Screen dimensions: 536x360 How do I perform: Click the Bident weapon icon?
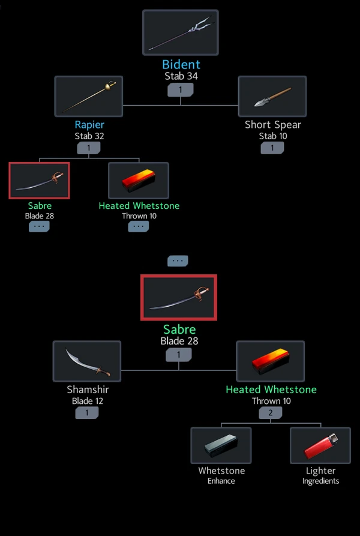(180, 33)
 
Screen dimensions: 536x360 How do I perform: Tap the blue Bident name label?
(181, 64)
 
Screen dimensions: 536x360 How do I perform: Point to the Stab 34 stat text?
(181, 76)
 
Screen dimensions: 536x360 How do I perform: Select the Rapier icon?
(89, 96)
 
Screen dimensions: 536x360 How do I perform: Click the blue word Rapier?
(89, 125)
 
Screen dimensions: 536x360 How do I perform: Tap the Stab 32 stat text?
(89, 136)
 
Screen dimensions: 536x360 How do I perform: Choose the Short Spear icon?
(272, 96)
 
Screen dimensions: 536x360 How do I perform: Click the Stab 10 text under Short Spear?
(272, 136)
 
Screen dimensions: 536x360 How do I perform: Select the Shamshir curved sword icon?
(87, 361)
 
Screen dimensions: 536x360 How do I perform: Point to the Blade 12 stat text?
(87, 401)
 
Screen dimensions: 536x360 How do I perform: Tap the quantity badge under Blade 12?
(87, 413)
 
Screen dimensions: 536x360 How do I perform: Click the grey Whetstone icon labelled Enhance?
(221, 445)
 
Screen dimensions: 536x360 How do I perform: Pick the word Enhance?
(221, 481)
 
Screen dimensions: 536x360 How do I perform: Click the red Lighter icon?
(320, 445)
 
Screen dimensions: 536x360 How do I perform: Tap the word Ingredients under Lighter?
(320, 481)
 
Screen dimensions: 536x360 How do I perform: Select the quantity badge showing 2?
(271, 413)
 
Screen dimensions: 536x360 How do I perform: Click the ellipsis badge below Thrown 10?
(139, 226)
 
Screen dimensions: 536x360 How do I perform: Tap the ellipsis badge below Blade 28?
(40, 226)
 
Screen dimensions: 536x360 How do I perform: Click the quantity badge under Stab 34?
(181, 89)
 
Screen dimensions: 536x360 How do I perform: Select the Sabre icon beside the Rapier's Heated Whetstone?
(40, 180)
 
